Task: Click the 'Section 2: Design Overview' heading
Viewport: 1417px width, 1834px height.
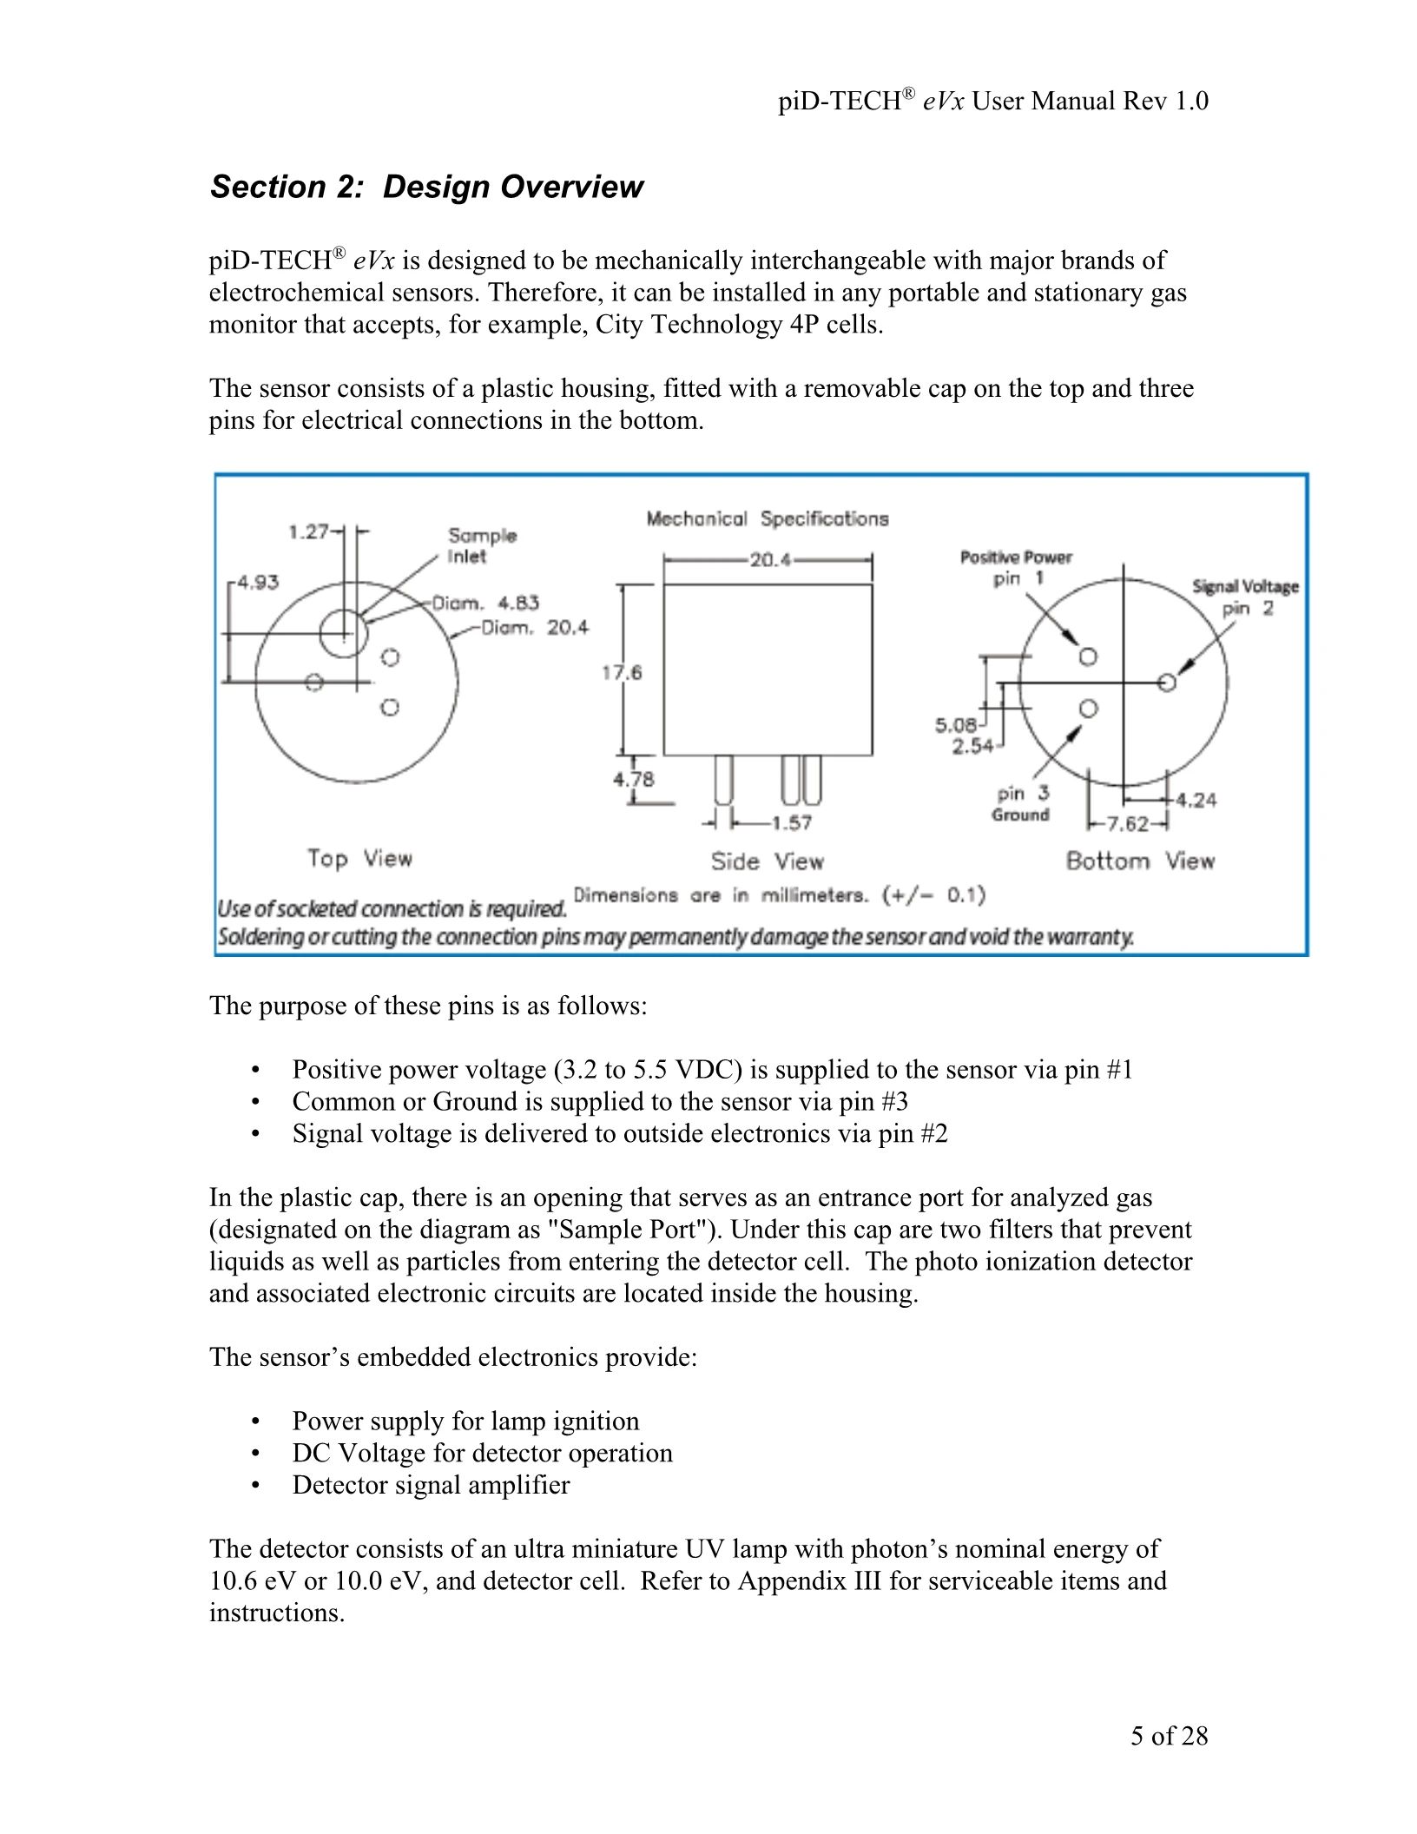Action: [x=426, y=187]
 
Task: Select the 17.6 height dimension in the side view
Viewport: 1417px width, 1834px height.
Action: [x=623, y=672]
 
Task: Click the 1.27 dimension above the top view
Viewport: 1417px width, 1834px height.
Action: [x=308, y=531]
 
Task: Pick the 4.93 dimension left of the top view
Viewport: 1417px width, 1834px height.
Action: [x=258, y=582]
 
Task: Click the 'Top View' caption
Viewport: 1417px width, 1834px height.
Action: [x=359, y=859]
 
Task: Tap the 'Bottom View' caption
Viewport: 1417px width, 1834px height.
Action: [x=1140, y=861]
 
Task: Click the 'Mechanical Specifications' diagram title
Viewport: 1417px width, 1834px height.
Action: [x=768, y=519]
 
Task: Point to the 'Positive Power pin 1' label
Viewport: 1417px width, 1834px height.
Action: [x=1016, y=568]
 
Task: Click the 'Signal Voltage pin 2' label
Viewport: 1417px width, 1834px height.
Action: [x=1246, y=597]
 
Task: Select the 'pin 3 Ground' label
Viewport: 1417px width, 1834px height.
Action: [x=1022, y=803]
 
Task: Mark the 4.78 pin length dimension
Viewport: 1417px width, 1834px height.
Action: [x=634, y=779]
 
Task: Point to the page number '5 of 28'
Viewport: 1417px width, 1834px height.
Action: [x=1169, y=1735]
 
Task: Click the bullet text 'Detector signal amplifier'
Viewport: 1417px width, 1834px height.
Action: [x=431, y=1485]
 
